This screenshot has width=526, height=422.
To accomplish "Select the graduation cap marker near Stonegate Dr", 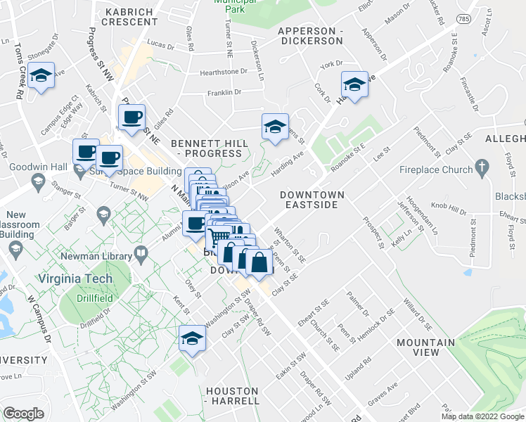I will [42, 77].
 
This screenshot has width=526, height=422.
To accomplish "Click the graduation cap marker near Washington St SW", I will [192, 338].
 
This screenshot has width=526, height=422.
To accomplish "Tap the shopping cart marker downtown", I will [219, 238].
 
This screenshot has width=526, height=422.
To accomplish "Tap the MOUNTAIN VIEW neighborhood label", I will [425, 347].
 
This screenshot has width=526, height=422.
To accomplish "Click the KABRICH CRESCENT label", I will [131, 16].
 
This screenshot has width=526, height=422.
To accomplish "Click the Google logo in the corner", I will [23, 413].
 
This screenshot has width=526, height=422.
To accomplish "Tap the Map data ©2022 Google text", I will [483, 416].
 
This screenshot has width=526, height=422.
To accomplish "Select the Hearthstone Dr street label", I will [224, 71].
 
